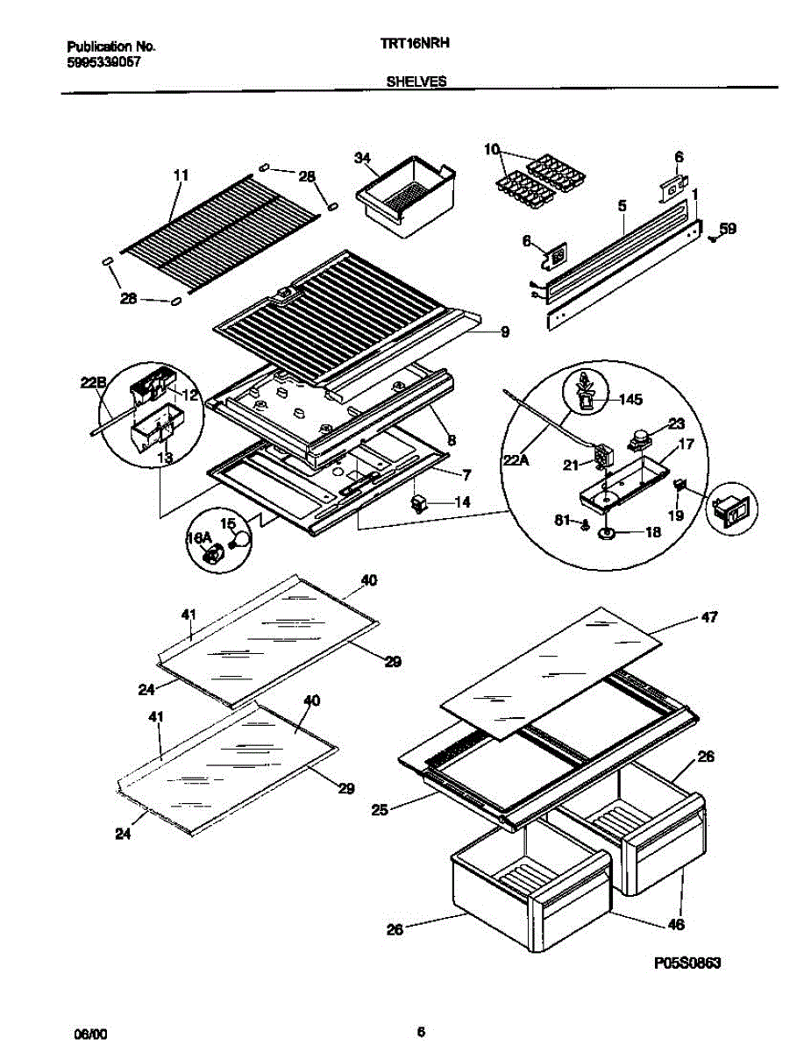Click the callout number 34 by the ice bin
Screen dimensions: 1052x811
(361, 158)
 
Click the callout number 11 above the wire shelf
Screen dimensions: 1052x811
(181, 175)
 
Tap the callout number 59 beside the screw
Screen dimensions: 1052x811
(728, 231)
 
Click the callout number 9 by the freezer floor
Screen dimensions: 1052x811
(505, 332)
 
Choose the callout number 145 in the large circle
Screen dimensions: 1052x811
(630, 400)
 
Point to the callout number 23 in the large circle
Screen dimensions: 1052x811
(676, 423)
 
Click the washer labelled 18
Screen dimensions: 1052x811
(606, 532)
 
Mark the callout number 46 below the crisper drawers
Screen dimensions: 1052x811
(676, 924)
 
